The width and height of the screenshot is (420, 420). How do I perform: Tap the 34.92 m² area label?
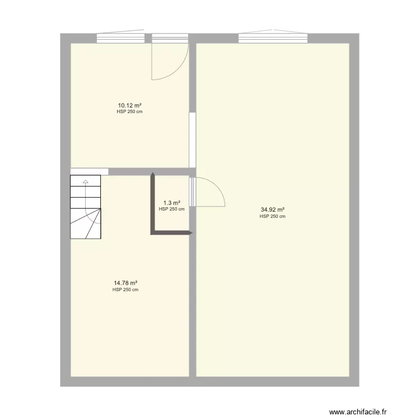click(x=272, y=210)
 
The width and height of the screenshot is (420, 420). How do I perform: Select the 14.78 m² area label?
click(x=125, y=283)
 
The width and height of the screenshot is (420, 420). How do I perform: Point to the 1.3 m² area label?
click(x=171, y=203)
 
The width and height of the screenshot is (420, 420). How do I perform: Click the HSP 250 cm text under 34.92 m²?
click(x=272, y=216)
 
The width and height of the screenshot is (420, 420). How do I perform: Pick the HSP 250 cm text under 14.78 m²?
click(x=125, y=290)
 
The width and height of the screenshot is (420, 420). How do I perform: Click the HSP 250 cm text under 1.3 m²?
click(x=171, y=209)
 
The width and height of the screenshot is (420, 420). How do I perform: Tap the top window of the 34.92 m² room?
click(x=273, y=38)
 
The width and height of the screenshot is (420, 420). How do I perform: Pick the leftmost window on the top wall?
click(x=120, y=38)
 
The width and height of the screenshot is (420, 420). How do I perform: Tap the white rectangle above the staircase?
click(x=89, y=171)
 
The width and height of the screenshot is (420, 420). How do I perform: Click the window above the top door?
click(x=170, y=38)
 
